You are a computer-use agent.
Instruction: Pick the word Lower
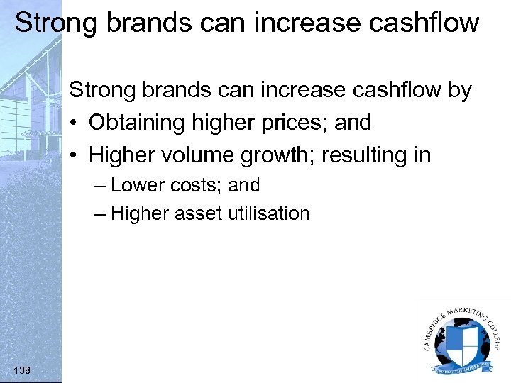137,185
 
